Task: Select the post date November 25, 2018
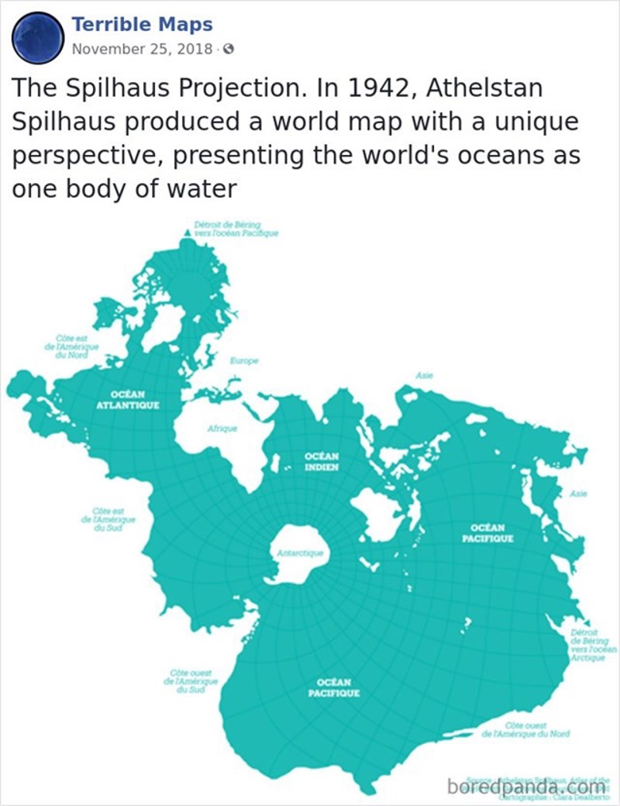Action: pos(142,49)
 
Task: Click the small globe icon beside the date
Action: pos(228,50)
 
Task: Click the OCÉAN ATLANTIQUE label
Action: pos(128,400)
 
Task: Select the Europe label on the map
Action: pos(243,361)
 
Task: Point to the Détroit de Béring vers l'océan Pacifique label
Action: pos(231,229)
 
